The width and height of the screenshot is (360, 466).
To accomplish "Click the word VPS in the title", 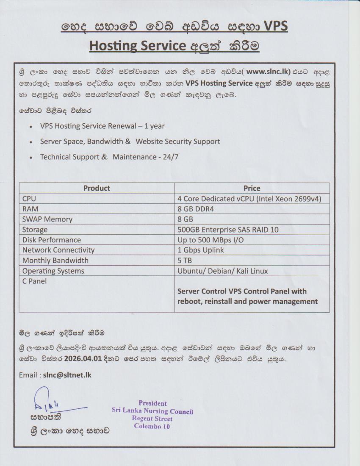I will [276, 26].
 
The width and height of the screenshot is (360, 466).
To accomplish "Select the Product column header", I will [97, 188].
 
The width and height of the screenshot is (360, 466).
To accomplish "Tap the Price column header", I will [252, 188].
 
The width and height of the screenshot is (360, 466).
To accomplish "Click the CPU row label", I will [30, 198].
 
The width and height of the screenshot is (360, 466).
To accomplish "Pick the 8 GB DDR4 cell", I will [195, 209].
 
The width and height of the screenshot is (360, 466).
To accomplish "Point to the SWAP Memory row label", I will [47, 219].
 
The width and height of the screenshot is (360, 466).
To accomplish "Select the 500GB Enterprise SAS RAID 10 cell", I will [228, 230].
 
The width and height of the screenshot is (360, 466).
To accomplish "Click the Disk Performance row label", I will [51, 240].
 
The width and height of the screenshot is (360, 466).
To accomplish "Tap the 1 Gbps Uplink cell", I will [201, 250].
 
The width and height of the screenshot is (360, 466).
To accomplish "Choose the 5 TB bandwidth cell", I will [185, 261].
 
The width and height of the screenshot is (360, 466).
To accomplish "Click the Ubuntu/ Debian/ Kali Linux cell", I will [223, 271].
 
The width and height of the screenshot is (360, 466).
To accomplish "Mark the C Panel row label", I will [34, 281].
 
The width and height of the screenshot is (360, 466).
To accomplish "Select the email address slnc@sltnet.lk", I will [67, 375].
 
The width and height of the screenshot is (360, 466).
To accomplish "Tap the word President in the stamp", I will [152, 403].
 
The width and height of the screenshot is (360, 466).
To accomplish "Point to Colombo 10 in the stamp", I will [152, 426].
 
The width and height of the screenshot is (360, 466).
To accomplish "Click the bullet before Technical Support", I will [32, 157].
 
